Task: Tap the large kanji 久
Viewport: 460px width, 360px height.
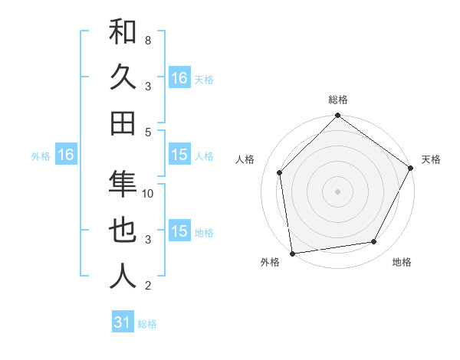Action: coord(123,78)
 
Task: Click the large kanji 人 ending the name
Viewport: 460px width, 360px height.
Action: coord(123,276)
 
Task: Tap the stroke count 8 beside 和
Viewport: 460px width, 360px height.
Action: coord(148,39)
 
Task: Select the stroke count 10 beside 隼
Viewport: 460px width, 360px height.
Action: coord(148,193)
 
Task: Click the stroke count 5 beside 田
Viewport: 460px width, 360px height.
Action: coord(148,132)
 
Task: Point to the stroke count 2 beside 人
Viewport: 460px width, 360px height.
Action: coord(148,286)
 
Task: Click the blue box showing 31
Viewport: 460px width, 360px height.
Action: coord(123,322)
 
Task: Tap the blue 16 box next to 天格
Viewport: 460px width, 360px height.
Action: coord(179,78)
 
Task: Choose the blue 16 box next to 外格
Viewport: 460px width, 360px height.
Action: coord(66,155)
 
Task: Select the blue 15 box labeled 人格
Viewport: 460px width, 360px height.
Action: coord(179,155)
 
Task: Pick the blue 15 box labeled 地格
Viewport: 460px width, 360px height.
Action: coord(179,231)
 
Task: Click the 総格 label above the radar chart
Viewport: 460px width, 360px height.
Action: coord(337,100)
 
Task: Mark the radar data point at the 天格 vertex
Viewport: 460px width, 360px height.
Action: coord(410,168)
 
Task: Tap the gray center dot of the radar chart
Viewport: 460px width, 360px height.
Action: coord(337,191)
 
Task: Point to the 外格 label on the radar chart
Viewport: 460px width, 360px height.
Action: coord(270,263)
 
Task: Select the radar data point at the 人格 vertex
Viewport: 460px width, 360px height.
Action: coord(280,173)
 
